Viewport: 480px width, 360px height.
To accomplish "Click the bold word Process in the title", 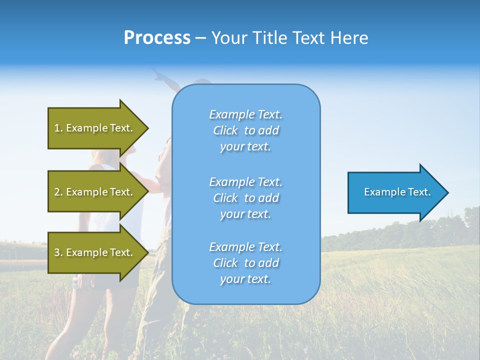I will point(157,38).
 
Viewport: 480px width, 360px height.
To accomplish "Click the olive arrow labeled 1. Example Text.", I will point(95,128).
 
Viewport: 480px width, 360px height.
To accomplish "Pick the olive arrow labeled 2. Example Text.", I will point(95,192).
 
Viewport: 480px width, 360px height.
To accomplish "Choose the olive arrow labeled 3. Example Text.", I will point(95,252).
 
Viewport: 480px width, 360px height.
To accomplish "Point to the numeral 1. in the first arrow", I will point(58,128).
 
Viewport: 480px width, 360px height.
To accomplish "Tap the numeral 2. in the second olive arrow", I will point(58,192).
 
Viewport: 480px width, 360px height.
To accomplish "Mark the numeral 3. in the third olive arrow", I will point(58,252).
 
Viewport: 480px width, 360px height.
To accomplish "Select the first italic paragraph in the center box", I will point(245,130).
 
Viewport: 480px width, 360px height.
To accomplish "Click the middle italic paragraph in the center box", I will point(245,198).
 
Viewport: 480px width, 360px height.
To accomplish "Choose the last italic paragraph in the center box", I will point(245,263).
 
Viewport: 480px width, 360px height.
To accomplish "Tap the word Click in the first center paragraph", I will point(225,130).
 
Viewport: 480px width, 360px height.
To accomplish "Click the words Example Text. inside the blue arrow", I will point(397,192).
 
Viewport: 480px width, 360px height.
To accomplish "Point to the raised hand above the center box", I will point(159,75).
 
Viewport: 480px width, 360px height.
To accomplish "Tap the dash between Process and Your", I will point(201,38).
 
